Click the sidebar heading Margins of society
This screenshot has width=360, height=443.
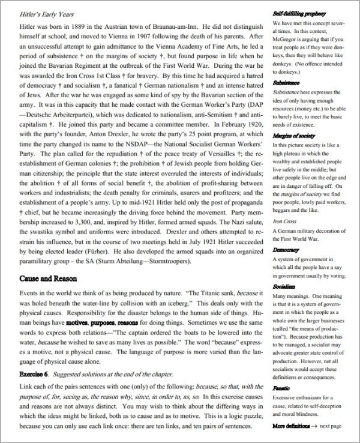[x=293, y=136]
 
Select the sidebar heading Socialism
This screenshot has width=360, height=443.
[x=284, y=288]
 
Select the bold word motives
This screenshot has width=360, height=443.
[x=77, y=322]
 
